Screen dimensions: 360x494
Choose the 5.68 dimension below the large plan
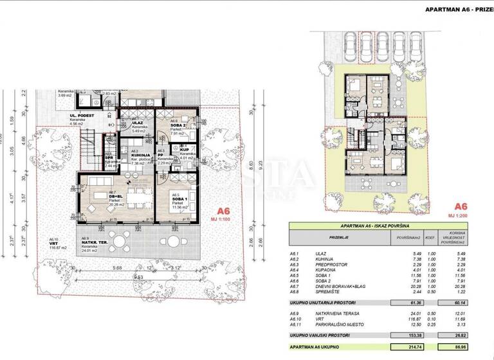(x=116, y=268)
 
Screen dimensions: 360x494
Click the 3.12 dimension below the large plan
(x=177, y=268)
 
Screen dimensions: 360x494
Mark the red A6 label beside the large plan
(x=223, y=210)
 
